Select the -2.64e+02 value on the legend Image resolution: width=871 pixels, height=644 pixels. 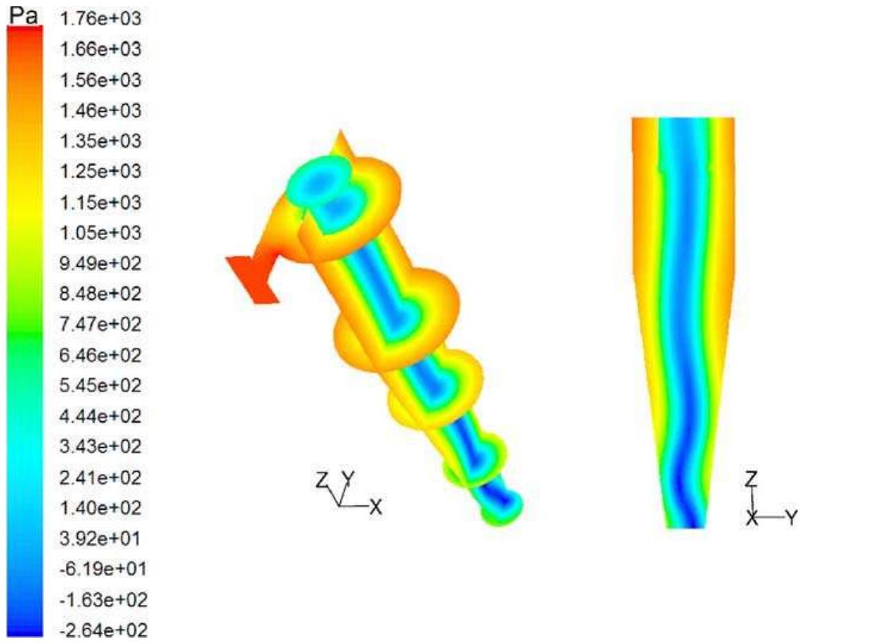[99, 631]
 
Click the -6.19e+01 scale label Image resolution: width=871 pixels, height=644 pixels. [99, 569]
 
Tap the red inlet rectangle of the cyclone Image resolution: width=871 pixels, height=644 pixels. [252, 279]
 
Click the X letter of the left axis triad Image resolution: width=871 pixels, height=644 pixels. [377, 507]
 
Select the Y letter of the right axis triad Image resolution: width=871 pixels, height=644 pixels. [791, 518]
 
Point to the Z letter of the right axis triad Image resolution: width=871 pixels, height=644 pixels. [752, 478]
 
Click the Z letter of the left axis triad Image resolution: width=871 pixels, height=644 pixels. [322, 480]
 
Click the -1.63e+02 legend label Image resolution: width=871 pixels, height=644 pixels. [99, 600]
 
